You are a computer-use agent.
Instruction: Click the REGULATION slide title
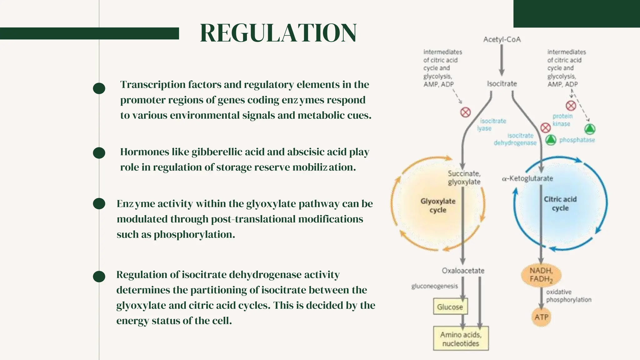(278, 33)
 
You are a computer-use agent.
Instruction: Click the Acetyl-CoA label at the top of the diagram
(502, 39)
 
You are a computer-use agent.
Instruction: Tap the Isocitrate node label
(502, 84)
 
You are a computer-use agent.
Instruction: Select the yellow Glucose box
(450, 307)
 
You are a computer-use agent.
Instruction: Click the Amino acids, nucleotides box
(461, 339)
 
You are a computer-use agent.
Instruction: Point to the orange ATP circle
(541, 317)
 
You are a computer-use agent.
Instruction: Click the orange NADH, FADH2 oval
(541, 275)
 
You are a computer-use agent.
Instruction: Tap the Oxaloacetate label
(463, 271)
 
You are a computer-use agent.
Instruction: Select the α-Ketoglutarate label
(527, 178)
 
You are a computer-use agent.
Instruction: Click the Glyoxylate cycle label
(438, 205)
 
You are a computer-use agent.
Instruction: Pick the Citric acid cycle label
(560, 203)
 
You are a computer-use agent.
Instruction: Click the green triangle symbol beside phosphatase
(551, 140)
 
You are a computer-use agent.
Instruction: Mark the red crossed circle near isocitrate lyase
(465, 112)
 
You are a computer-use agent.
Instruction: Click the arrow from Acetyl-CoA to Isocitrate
(502, 59)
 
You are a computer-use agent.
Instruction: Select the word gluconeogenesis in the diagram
(434, 286)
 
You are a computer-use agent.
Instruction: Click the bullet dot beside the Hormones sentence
(99, 153)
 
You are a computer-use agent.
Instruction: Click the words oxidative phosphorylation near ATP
(568, 296)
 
